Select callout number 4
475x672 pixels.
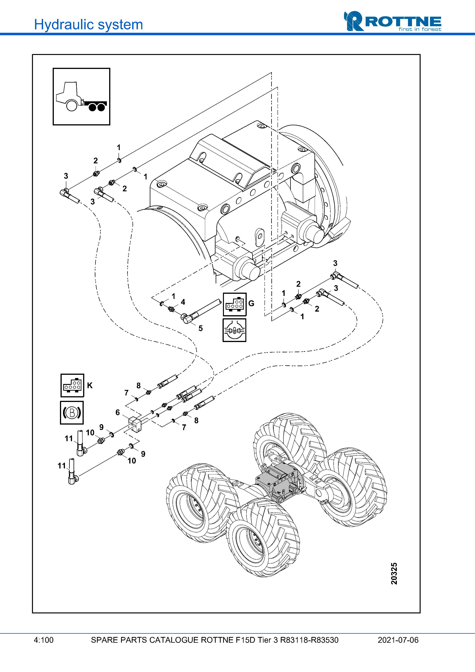(183, 302)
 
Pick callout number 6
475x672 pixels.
(118, 412)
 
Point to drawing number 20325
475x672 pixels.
(394, 573)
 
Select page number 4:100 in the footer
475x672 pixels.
(44, 640)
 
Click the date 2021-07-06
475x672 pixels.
(398, 640)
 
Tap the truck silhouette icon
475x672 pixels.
(81, 97)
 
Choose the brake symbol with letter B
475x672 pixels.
(72, 413)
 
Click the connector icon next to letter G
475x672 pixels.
(235, 304)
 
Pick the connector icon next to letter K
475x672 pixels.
(72, 386)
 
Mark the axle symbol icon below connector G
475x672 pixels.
(234, 330)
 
